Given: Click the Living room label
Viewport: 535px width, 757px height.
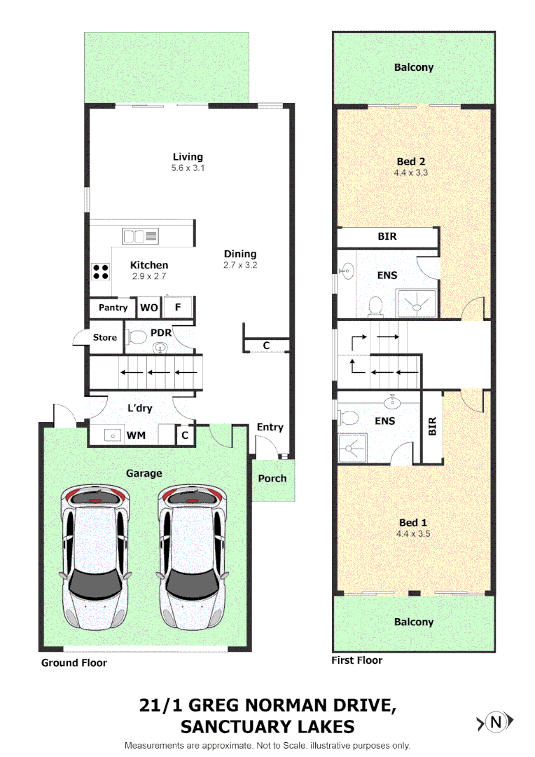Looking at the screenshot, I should coord(188,157).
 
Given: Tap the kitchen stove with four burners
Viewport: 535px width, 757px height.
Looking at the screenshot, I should coord(100,271).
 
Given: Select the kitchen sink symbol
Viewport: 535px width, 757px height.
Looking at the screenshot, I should coord(141,236).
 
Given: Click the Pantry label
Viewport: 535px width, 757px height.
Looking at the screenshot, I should coord(113,308).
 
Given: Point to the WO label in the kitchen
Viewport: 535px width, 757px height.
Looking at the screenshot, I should coord(148,308).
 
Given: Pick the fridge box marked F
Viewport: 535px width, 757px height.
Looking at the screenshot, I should coord(178,307).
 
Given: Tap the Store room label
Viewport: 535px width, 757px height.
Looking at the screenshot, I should coord(105,338).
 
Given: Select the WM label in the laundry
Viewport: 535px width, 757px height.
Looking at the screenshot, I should coord(136,436).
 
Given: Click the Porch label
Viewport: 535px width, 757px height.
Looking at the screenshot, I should coord(272,478).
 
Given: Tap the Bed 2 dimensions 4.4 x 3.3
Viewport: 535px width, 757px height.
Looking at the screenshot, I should coord(411,172).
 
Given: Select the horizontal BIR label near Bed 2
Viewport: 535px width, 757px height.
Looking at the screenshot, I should coord(387,237).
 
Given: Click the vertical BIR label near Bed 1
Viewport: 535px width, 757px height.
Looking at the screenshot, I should coord(432,426).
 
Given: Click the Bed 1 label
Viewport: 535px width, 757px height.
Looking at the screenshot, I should coord(412,522).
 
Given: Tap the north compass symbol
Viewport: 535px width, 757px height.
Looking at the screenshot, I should coord(496,721).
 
